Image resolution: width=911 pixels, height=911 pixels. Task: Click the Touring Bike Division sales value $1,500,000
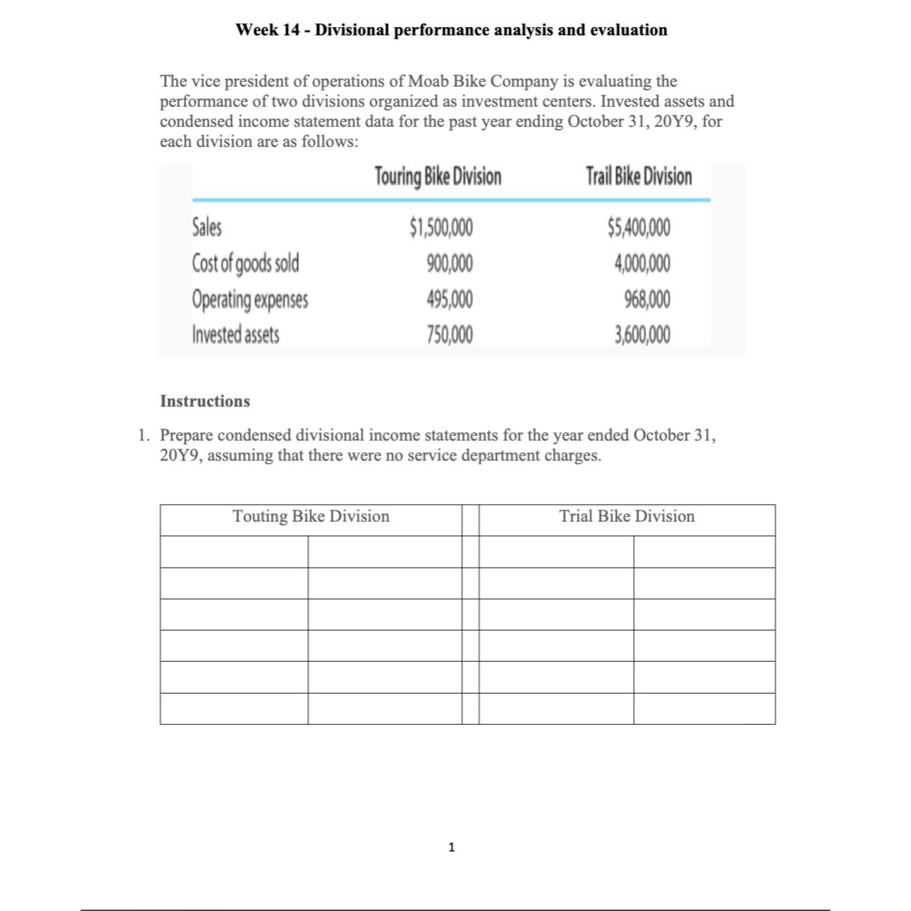[x=442, y=226]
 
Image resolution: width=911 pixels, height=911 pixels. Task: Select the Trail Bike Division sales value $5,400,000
[x=638, y=226]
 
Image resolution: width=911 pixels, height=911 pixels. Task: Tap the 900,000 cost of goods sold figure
[x=450, y=263]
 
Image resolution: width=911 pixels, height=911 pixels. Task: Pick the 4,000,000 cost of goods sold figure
[x=642, y=263]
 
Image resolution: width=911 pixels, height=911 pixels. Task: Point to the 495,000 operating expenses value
[x=450, y=300]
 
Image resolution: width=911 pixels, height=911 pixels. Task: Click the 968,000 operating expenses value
[x=647, y=300]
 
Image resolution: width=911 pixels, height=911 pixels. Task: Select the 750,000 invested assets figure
[x=450, y=335]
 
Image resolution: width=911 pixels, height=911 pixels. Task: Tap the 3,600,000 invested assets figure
[x=642, y=335]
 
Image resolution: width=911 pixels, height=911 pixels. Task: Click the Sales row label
[x=207, y=226]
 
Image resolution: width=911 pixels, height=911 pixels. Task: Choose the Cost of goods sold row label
[x=246, y=264]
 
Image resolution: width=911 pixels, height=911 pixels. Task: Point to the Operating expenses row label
[x=250, y=300]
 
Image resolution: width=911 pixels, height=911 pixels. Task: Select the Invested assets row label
[x=236, y=335]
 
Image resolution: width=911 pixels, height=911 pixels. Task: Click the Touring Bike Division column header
[x=438, y=177]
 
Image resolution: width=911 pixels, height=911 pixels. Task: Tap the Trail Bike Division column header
[x=638, y=177]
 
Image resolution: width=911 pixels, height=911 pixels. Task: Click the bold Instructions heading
[x=205, y=402]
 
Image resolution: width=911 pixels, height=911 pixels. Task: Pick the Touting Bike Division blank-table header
[x=311, y=516]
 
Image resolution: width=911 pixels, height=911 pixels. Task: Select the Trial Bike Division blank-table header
[x=626, y=516]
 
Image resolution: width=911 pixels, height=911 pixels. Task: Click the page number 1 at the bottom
[x=452, y=847]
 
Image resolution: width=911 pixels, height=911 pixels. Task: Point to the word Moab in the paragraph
[x=429, y=81]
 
